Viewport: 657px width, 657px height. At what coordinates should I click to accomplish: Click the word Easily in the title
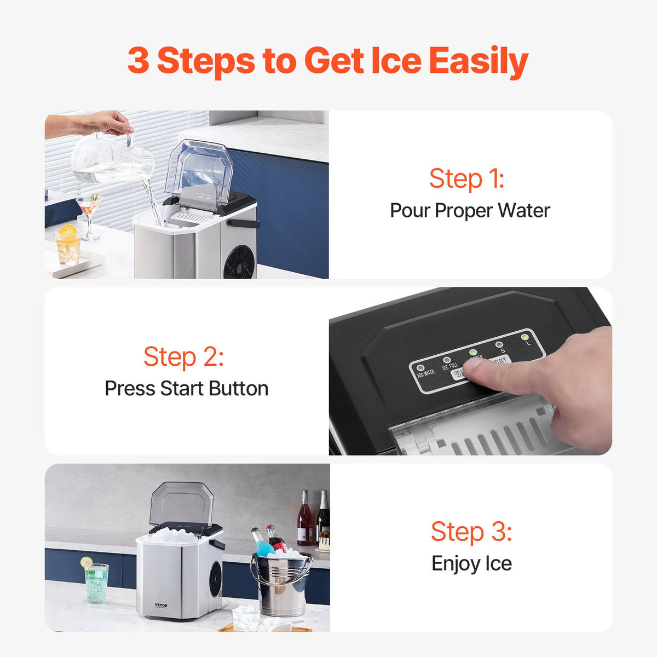[x=478, y=61]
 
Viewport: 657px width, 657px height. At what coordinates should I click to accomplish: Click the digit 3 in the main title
[x=138, y=60]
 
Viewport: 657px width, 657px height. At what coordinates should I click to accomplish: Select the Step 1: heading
[x=466, y=178]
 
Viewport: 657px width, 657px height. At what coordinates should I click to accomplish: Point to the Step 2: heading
[x=183, y=357]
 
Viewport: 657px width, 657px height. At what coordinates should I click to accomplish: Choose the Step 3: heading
[x=471, y=532]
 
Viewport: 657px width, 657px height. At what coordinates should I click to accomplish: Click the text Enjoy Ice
[x=471, y=564]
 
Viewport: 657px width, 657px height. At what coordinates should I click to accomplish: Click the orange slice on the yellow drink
[x=67, y=230]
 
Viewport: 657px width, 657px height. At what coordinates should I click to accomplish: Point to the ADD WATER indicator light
[x=420, y=368]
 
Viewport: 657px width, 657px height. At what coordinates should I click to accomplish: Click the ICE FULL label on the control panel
[x=450, y=366]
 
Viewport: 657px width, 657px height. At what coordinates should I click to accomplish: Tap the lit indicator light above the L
[x=525, y=337]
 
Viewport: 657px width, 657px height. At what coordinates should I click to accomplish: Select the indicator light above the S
[x=499, y=345]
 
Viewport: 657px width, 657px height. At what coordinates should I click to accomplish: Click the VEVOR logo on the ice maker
[x=161, y=606]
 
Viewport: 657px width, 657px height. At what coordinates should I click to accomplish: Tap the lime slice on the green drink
[x=87, y=562]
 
